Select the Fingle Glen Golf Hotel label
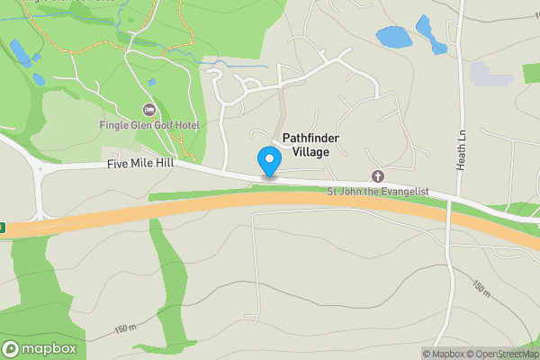pyautogui.click(x=149, y=125)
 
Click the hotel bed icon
pyautogui.click(x=148, y=110)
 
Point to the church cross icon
pyautogui.click(x=377, y=176)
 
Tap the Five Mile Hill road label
pyautogui.click(x=139, y=165)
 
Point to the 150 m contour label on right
pyautogui.click(x=481, y=291)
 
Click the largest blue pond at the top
pyautogui.click(x=391, y=37)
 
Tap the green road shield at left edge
pyautogui.click(x=3, y=228)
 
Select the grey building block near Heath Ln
pyautogui.click(x=490, y=74)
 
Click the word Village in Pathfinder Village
pyautogui.click(x=311, y=152)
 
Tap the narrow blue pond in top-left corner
pyautogui.click(x=20, y=51)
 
